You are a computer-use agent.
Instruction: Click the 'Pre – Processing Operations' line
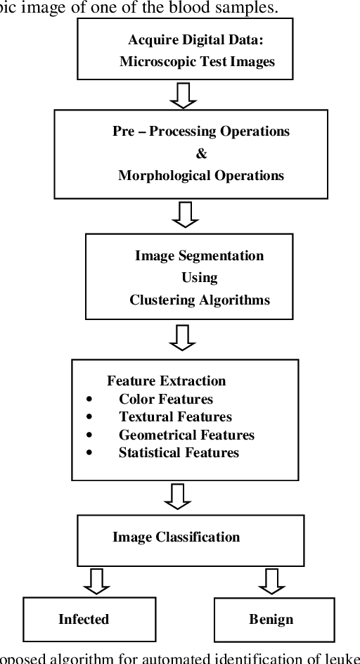point(191,132)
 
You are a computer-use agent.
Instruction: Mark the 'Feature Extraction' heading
point(167,381)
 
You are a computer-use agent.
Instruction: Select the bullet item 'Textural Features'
point(175,417)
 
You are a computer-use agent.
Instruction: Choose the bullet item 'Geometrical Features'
point(186,435)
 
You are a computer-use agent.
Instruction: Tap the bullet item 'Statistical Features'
point(179,453)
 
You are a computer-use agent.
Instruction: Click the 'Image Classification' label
point(176,537)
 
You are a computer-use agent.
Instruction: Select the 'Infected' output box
point(84,619)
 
